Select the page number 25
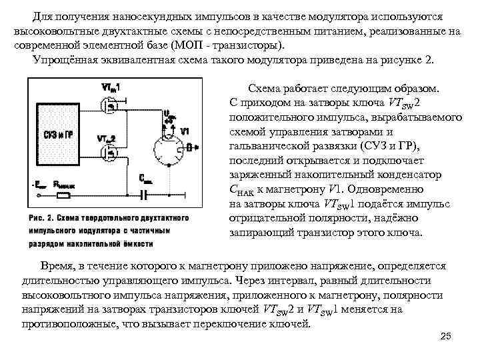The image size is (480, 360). pyautogui.click(x=446, y=336)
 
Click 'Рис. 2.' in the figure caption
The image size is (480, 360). pyautogui.click(x=41, y=218)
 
